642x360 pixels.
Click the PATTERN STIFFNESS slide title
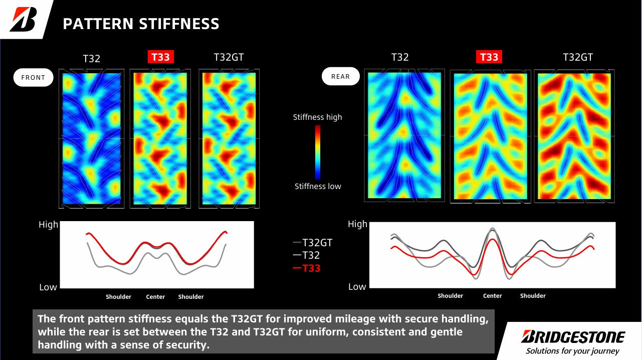tap(141, 24)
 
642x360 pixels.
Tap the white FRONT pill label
tap(33, 78)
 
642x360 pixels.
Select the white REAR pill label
tap(340, 77)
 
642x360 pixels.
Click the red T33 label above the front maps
tap(160, 57)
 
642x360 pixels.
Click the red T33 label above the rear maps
tap(489, 57)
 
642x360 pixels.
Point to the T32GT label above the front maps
tap(229, 57)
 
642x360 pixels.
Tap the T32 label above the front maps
tap(92, 58)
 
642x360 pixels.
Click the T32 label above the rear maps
tap(400, 57)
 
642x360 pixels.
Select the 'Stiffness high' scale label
tap(318, 117)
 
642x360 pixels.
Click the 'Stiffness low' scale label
tap(318, 187)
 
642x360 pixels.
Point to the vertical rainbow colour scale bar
tap(318, 152)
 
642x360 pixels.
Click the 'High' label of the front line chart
tap(49, 225)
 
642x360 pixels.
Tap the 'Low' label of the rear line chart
tap(357, 287)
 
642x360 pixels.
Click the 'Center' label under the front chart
tap(155, 297)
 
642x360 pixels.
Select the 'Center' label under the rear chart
tap(492, 296)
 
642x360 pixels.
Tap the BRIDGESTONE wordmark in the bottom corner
tap(573, 336)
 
